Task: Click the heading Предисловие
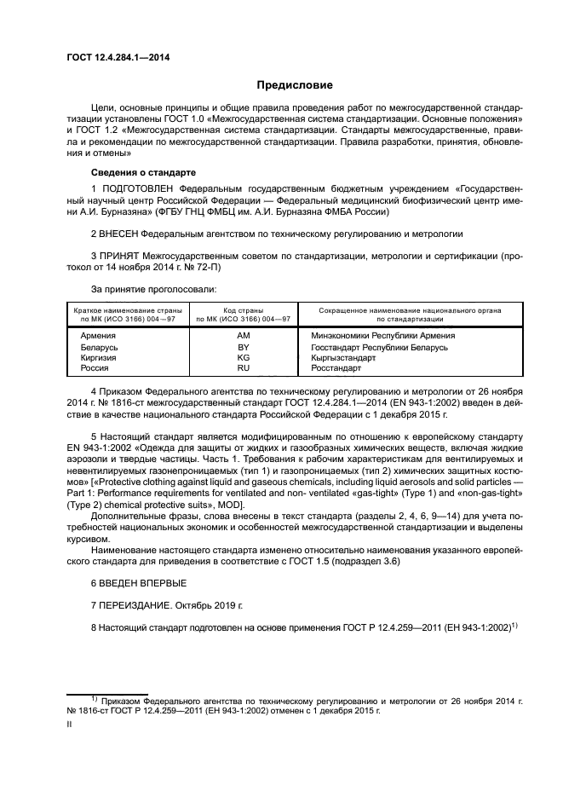click(x=295, y=85)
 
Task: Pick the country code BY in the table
click(x=243, y=348)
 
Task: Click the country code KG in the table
click(x=243, y=359)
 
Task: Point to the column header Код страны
click(x=243, y=310)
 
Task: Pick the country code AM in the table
click(x=243, y=336)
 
